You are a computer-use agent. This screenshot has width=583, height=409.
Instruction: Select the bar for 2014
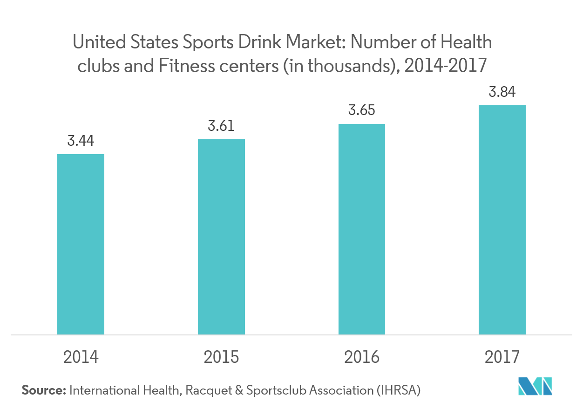pyautogui.click(x=81, y=244)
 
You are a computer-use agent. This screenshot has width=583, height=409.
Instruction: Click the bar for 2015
pyautogui.click(x=221, y=237)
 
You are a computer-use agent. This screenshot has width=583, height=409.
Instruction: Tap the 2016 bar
pyautogui.click(x=362, y=229)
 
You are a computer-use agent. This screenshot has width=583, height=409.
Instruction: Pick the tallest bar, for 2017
pyautogui.click(x=502, y=219)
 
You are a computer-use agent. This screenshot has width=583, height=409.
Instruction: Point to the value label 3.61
pyautogui.click(x=221, y=126)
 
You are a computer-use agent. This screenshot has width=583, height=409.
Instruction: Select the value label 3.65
pyautogui.click(x=362, y=111)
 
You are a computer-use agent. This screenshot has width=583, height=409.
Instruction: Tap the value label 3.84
pyautogui.click(x=502, y=92)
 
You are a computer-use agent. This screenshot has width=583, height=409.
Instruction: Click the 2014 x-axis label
pyautogui.click(x=81, y=357)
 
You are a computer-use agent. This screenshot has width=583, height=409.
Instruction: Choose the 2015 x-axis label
pyautogui.click(x=221, y=357)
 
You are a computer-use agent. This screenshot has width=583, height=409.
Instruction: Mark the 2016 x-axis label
pyautogui.click(x=362, y=357)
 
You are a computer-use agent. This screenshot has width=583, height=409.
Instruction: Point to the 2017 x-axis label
pyautogui.click(x=502, y=357)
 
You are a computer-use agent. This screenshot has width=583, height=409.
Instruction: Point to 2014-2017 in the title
pyautogui.click(x=446, y=66)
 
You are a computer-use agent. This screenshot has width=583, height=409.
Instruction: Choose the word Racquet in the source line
pyautogui.click(x=207, y=390)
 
